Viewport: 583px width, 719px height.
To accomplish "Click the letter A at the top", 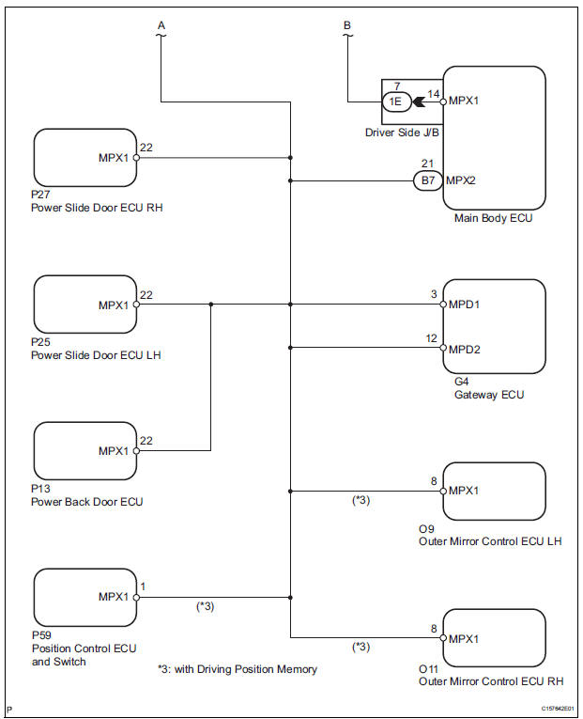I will (x=161, y=25).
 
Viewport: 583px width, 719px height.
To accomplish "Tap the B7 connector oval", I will (x=427, y=180).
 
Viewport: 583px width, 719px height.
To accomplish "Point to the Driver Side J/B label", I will (x=403, y=133).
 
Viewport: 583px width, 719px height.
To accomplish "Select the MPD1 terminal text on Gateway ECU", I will (x=467, y=305).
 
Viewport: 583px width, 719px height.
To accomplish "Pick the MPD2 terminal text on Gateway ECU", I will (x=467, y=349).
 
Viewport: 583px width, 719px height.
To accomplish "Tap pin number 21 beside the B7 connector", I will (x=429, y=164).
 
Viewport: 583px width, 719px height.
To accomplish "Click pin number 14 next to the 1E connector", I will (x=434, y=93).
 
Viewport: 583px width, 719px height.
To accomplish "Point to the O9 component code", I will (x=426, y=528).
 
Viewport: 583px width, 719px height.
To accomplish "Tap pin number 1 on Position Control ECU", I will (x=142, y=586).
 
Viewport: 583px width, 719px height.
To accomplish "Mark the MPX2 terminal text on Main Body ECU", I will (x=464, y=180).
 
